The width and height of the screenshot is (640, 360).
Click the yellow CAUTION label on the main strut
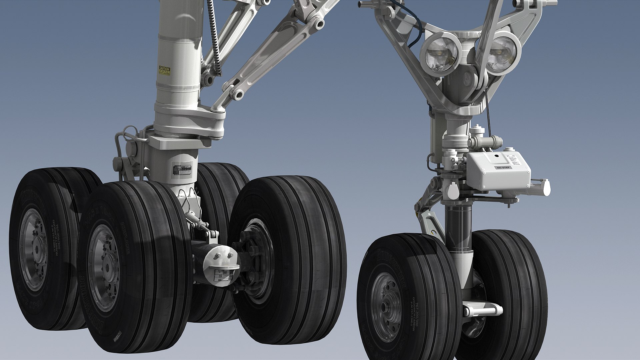[x=164, y=70]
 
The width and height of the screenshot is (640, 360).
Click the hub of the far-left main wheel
[x=33, y=245]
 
